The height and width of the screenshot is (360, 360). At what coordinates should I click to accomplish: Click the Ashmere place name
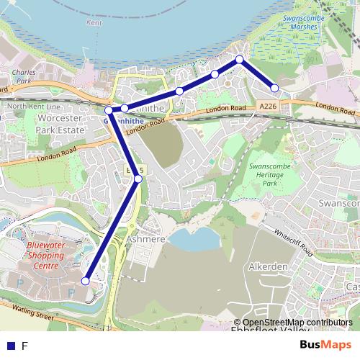click(x=146, y=238)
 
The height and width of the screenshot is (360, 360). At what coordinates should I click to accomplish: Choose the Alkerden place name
click(x=268, y=266)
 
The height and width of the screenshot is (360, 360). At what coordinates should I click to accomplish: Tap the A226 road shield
click(x=268, y=107)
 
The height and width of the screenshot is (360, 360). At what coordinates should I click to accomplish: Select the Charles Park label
click(x=24, y=77)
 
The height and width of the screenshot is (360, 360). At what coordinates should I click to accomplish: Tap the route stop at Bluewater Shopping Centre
click(x=86, y=281)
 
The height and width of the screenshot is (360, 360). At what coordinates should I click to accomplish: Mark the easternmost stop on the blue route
click(x=274, y=89)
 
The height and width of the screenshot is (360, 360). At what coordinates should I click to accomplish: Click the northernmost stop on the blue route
click(x=239, y=60)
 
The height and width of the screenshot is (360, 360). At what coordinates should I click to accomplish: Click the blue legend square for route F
click(x=10, y=346)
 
